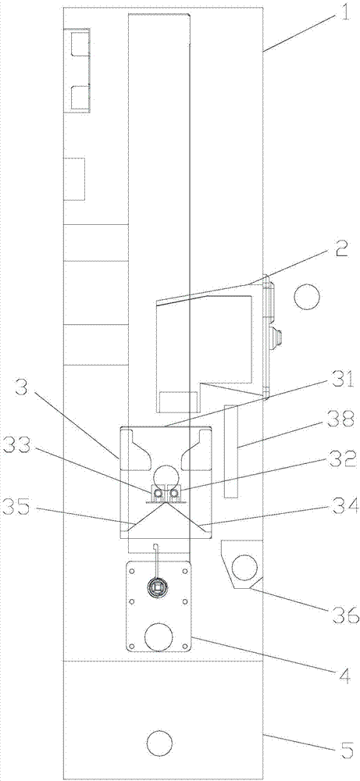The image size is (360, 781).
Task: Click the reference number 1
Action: click(x=343, y=10)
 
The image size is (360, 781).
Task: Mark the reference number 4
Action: click(x=344, y=662)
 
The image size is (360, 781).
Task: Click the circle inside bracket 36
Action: click(x=246, y=567)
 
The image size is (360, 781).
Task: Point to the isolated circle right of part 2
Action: click(x=306, y=297)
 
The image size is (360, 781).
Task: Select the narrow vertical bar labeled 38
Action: click(x=231, y=451)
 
